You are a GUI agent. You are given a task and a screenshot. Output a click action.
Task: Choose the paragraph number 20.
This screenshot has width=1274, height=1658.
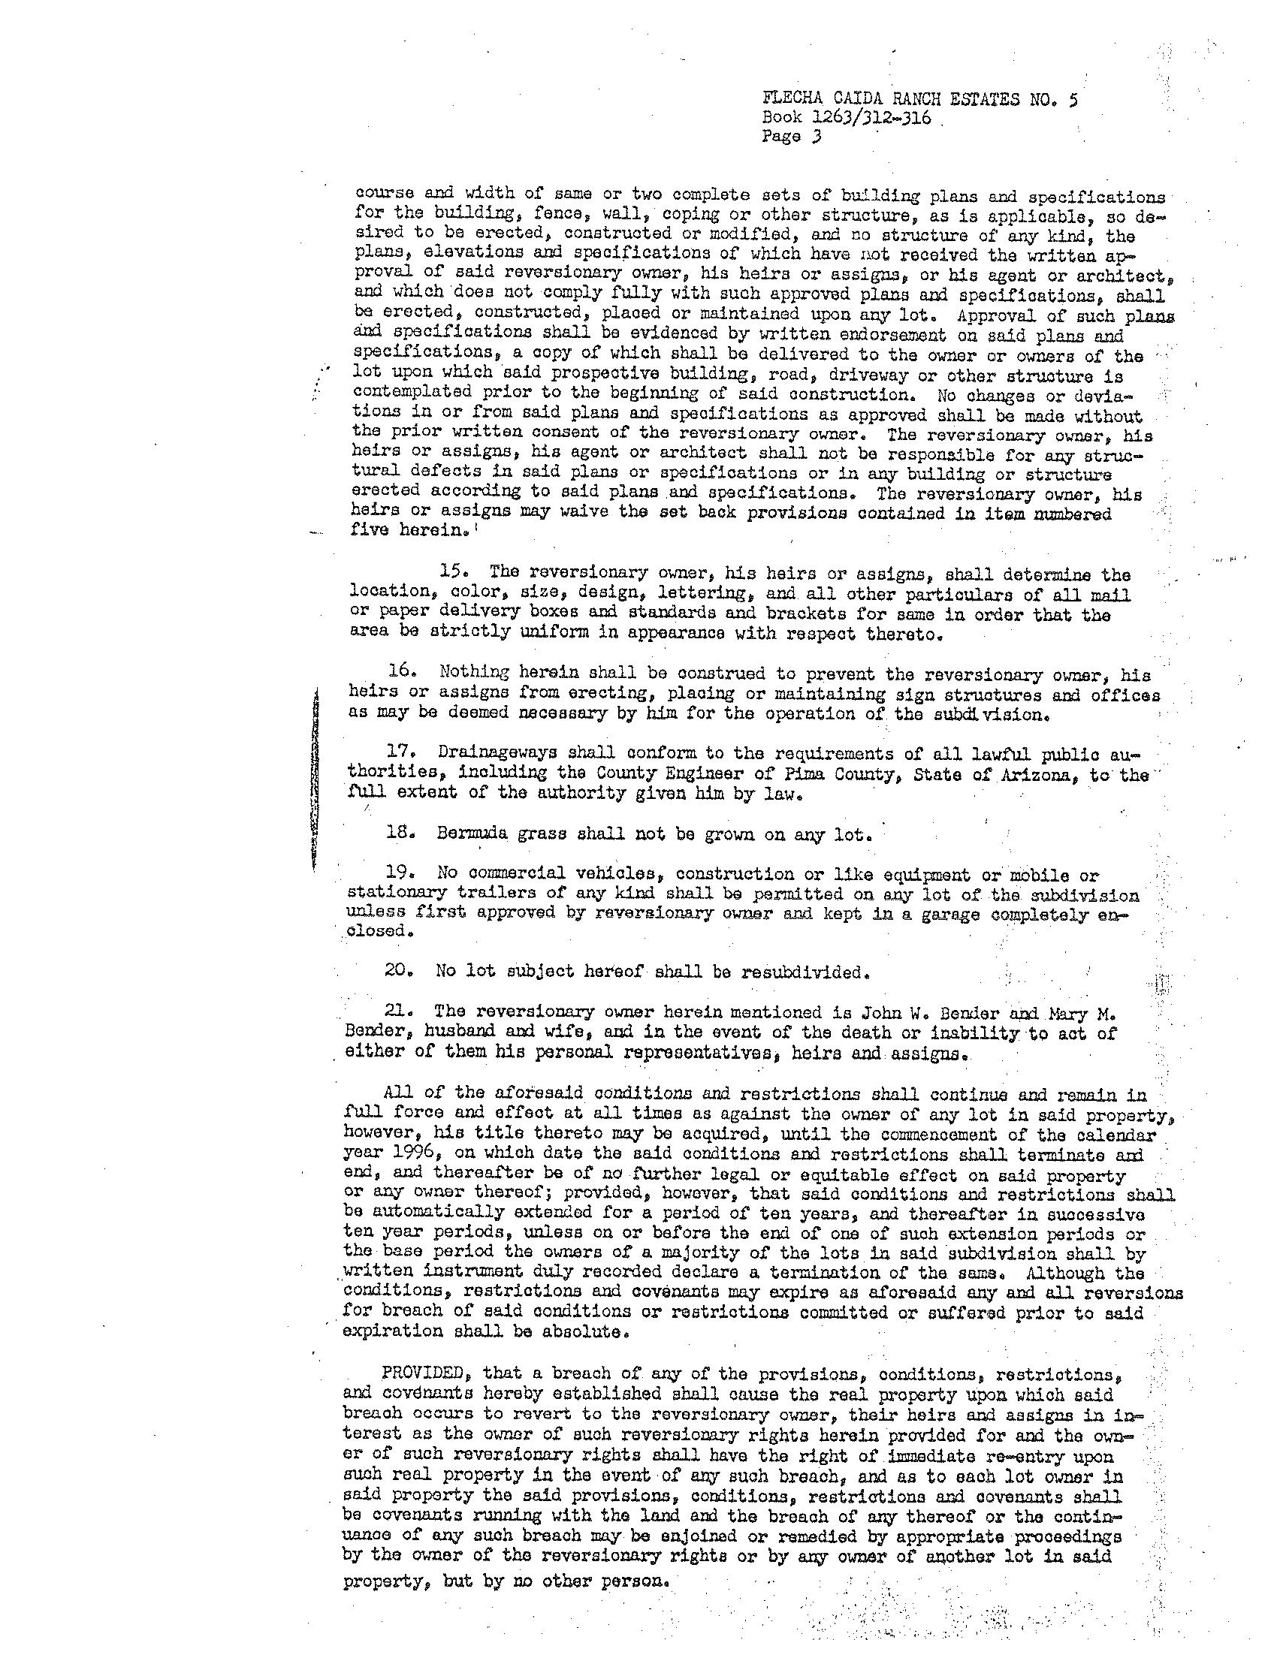400,971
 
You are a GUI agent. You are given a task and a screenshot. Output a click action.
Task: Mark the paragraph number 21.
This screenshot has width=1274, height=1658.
398,1012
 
